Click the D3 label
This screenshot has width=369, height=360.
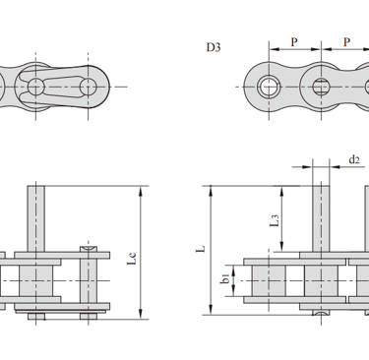[x=214, y=47]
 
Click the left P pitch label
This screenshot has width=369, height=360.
[x=294, y=42]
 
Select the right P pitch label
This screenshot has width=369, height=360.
[x=346, y=42]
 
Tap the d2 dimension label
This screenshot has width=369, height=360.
[x=354, y=159]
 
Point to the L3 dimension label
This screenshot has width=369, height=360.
[x=275, y=220]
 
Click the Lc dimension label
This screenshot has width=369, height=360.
[x=132, y=259]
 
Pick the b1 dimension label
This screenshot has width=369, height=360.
[x=225, y=279]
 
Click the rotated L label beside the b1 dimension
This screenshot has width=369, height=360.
[x=201, y=249]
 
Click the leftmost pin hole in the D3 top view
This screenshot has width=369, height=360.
[x=269, y=87]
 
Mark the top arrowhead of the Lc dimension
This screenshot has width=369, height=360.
[x=141, y=192]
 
